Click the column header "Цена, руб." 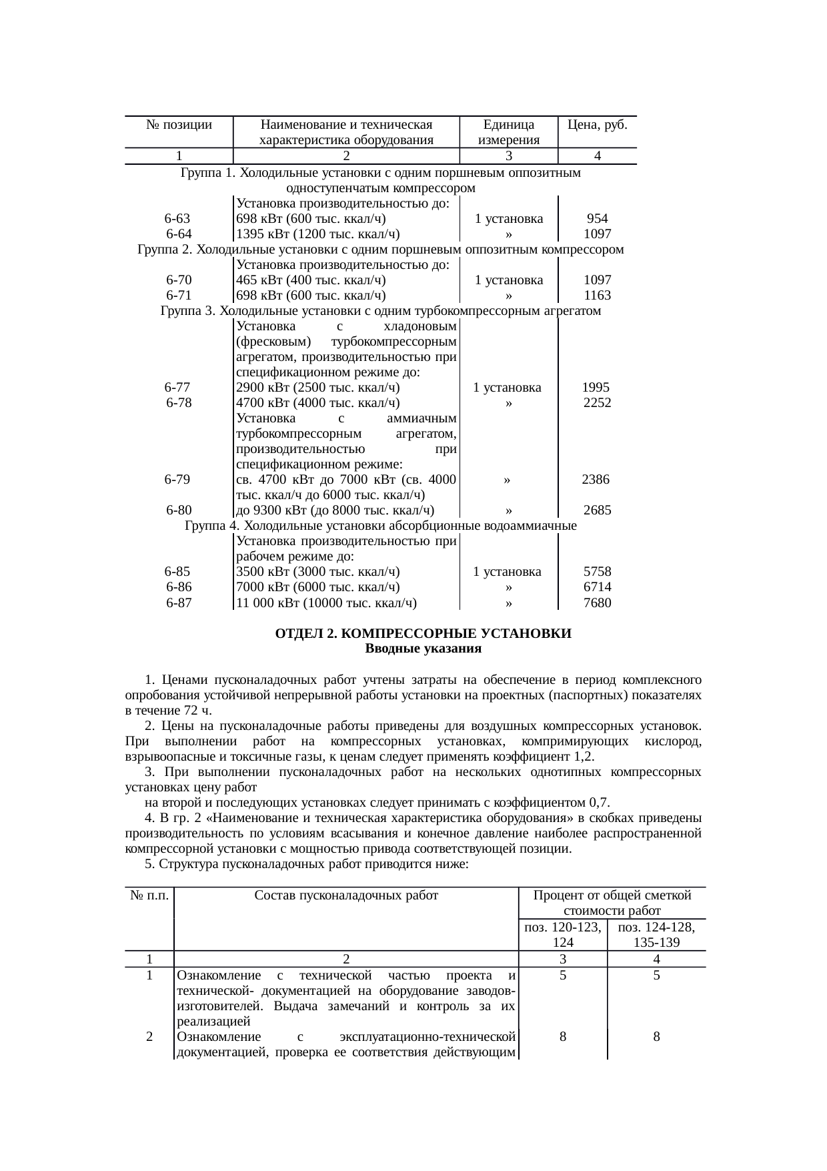click(x=597, y=125)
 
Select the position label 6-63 click(x=177, y=219)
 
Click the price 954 click(x=597, y=219)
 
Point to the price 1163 click(x=597, y=296)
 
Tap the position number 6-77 click(x=177, y=388)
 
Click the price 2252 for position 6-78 click(x=597, y=403)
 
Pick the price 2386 click(x=595, y=480)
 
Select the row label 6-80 click(x=179, y=510)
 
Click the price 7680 click(x=597, y=603)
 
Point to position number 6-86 click(x=179, y=587)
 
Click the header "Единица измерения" click(x=508, y=132)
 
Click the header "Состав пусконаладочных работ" click(x=346, y=895)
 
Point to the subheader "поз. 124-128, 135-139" click(x=656, y=935)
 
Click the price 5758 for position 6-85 click(x=597, y=572)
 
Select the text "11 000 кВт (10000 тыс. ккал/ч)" click(x=326, y=603)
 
